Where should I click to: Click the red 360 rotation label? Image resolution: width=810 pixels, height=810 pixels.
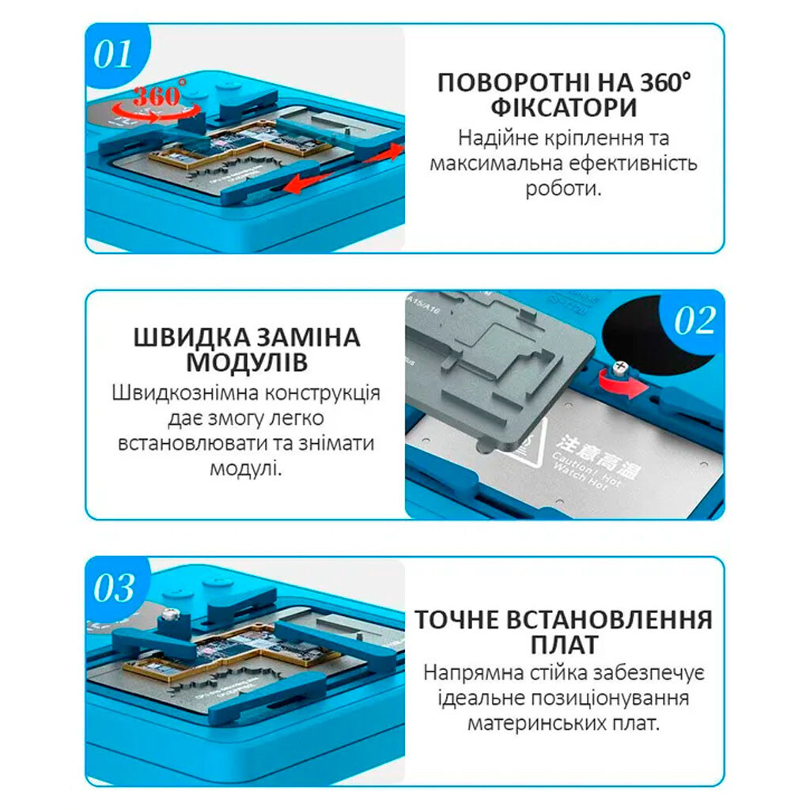[157, 97]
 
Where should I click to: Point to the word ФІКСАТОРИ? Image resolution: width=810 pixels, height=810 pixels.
[563, 108]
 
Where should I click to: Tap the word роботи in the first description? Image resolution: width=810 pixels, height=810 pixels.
[560, 189]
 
